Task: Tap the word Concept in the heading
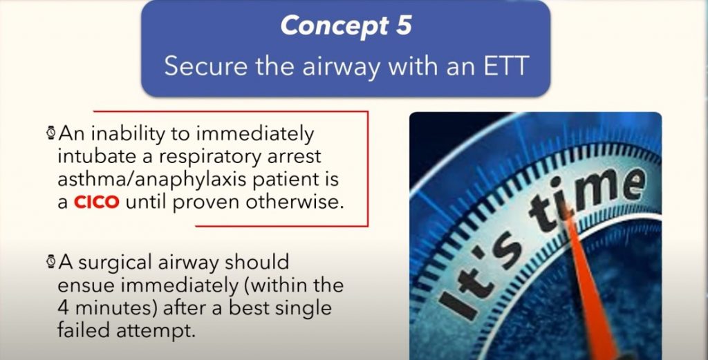click(x=335, y=26)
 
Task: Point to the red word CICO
click(x=96, y=202)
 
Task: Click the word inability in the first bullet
click(x=132, y=134)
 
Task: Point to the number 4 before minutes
click(x=63, y=308)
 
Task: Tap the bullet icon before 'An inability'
click(x=51, y=132)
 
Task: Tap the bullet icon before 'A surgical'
click(x=51, y=262)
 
